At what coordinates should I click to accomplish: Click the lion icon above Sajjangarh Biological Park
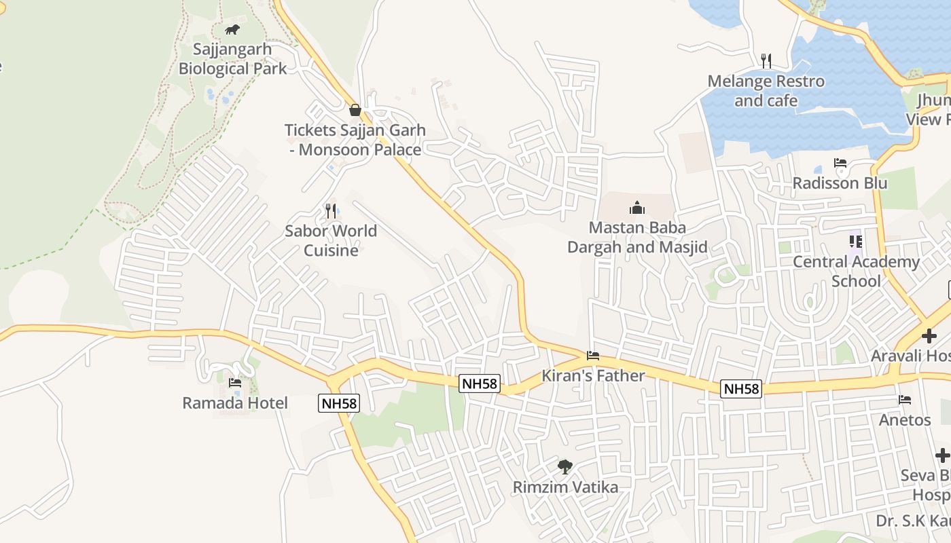point(232,30)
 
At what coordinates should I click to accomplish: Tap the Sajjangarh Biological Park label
point(232,59)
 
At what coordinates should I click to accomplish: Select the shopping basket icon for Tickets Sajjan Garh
point(355,110)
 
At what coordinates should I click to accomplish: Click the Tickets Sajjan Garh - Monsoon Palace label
point(355,140)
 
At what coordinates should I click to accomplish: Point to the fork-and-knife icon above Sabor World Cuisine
point(331,210)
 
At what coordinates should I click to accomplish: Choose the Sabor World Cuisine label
point(331,240)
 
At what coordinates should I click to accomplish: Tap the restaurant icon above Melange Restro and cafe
point(766,61)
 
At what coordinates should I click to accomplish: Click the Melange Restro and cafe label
point(766,91)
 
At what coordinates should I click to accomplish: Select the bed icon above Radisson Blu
point(840,164)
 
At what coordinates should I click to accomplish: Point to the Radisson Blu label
point(840,183)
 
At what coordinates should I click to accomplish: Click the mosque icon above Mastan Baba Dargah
point(637,207)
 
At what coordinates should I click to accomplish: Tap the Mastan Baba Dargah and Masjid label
point(637,237)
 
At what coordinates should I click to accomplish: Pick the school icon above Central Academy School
point(856,241)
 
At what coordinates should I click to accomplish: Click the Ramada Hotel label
point(235,403)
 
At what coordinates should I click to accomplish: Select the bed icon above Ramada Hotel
point(235,383)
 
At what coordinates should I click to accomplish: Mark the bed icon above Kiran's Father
point(593,356)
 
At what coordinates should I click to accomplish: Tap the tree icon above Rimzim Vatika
point(565,467)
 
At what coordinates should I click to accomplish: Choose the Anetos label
point(905,420)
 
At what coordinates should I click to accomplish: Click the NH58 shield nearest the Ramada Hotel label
point(339,403)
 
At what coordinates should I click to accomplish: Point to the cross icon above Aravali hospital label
point(929,336)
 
